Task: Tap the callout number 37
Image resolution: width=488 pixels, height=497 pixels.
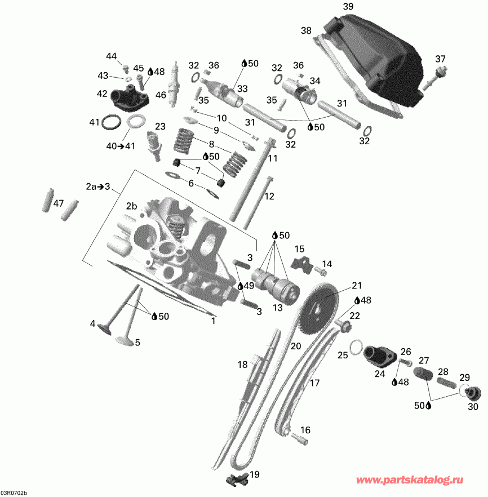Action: pos(440,59)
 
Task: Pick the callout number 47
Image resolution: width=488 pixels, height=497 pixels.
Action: pos(58,203)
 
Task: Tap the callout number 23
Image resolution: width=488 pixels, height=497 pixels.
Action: pos(160,126)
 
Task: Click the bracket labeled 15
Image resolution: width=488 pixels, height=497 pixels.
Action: pos(300,262)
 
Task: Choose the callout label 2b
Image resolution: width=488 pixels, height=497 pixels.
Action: pos(131,206)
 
